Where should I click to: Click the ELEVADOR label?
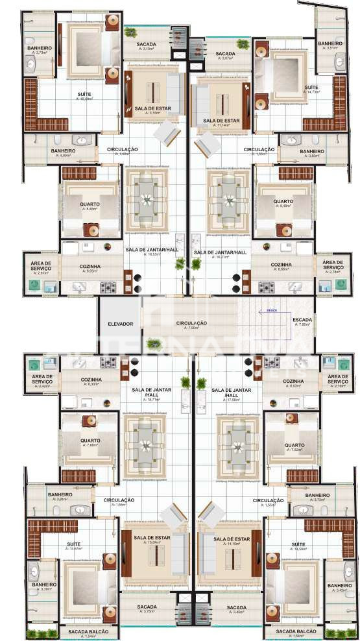tap(120, 323)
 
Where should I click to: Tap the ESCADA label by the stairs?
tap(302, 319)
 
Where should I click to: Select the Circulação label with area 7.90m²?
tap(192, 323)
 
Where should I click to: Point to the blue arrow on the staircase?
tap(268, 311)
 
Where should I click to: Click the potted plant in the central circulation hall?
tap(153, 343)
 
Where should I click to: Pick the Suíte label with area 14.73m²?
tap(311, 88)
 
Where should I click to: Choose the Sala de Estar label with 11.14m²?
tap(221, 121)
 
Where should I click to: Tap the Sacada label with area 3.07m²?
tap(225, 54)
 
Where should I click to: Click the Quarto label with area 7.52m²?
tap(294, 446)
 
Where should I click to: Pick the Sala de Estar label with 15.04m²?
tap(147, 538)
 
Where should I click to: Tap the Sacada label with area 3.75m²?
tap(147, 608)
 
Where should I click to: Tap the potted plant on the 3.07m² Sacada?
tap(243, 44)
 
